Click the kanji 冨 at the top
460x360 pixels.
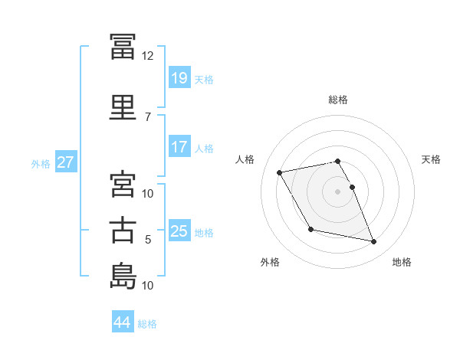[123, 47]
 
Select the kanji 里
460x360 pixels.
[123, 108]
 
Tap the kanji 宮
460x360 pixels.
[123, 185]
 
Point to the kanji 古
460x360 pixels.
[123, 231]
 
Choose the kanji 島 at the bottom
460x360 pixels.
[123, 277]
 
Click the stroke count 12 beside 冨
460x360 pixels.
[147, 56]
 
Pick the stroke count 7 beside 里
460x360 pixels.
[147, 116]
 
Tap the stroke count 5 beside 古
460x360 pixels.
[147, 240]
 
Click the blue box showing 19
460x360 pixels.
[179, 77]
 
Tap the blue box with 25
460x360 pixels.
[179, 231]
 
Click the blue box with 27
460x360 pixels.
[65, 162]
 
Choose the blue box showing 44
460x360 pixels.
[123, 322]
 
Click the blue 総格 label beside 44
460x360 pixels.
[147, 324]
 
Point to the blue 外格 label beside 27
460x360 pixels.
[41, 163]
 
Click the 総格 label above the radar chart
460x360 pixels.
[337, 100]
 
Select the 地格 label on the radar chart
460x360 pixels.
[402, 262]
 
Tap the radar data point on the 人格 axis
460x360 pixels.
[280, 172]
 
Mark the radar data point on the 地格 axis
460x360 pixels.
[374, 242]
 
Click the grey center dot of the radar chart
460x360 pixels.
[337, 191]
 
